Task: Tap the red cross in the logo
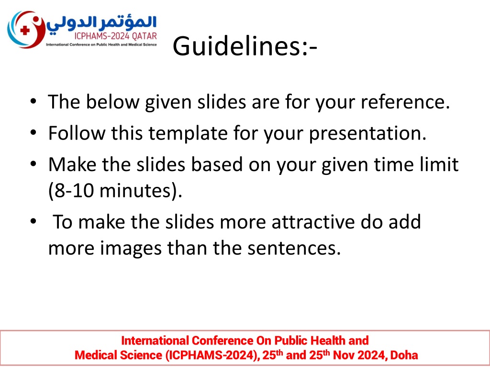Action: [x=25, y=30]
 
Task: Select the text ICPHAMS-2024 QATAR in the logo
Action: [x=116, y=37]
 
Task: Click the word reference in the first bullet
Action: [x=405, y=102]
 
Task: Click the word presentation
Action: [x=368, y=134]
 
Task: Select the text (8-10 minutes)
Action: [x=115, y=190]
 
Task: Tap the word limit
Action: [x=441, y=164]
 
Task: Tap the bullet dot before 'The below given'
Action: [x=33, y=101]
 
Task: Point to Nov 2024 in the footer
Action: [x=359, y=355]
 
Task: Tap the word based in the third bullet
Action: [x=217, y=164]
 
